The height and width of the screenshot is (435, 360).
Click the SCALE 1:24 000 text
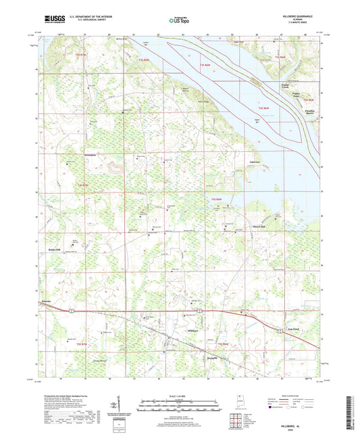180,395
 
